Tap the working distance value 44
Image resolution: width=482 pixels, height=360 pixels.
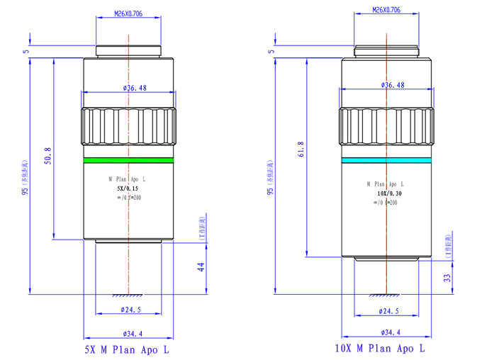tap(201, 267)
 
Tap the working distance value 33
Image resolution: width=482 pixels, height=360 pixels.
tap(447, 277)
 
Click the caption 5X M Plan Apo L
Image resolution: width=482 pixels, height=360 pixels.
tap(128, 349)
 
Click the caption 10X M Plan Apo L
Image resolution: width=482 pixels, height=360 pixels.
tap(381, 348)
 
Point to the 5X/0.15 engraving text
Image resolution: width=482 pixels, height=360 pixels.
tap(128, 190)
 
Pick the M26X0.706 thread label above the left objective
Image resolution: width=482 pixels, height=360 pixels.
tap(128, 13)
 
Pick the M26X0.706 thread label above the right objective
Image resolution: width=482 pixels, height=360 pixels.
tap(386, 10)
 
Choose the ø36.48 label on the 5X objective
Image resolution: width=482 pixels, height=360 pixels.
tap(135, 88)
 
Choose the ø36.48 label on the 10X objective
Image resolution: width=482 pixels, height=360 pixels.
tap(393, 85)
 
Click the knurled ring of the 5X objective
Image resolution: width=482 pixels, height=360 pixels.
tap(128, 125)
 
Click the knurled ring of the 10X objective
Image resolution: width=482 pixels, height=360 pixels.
tap(386, 125)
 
